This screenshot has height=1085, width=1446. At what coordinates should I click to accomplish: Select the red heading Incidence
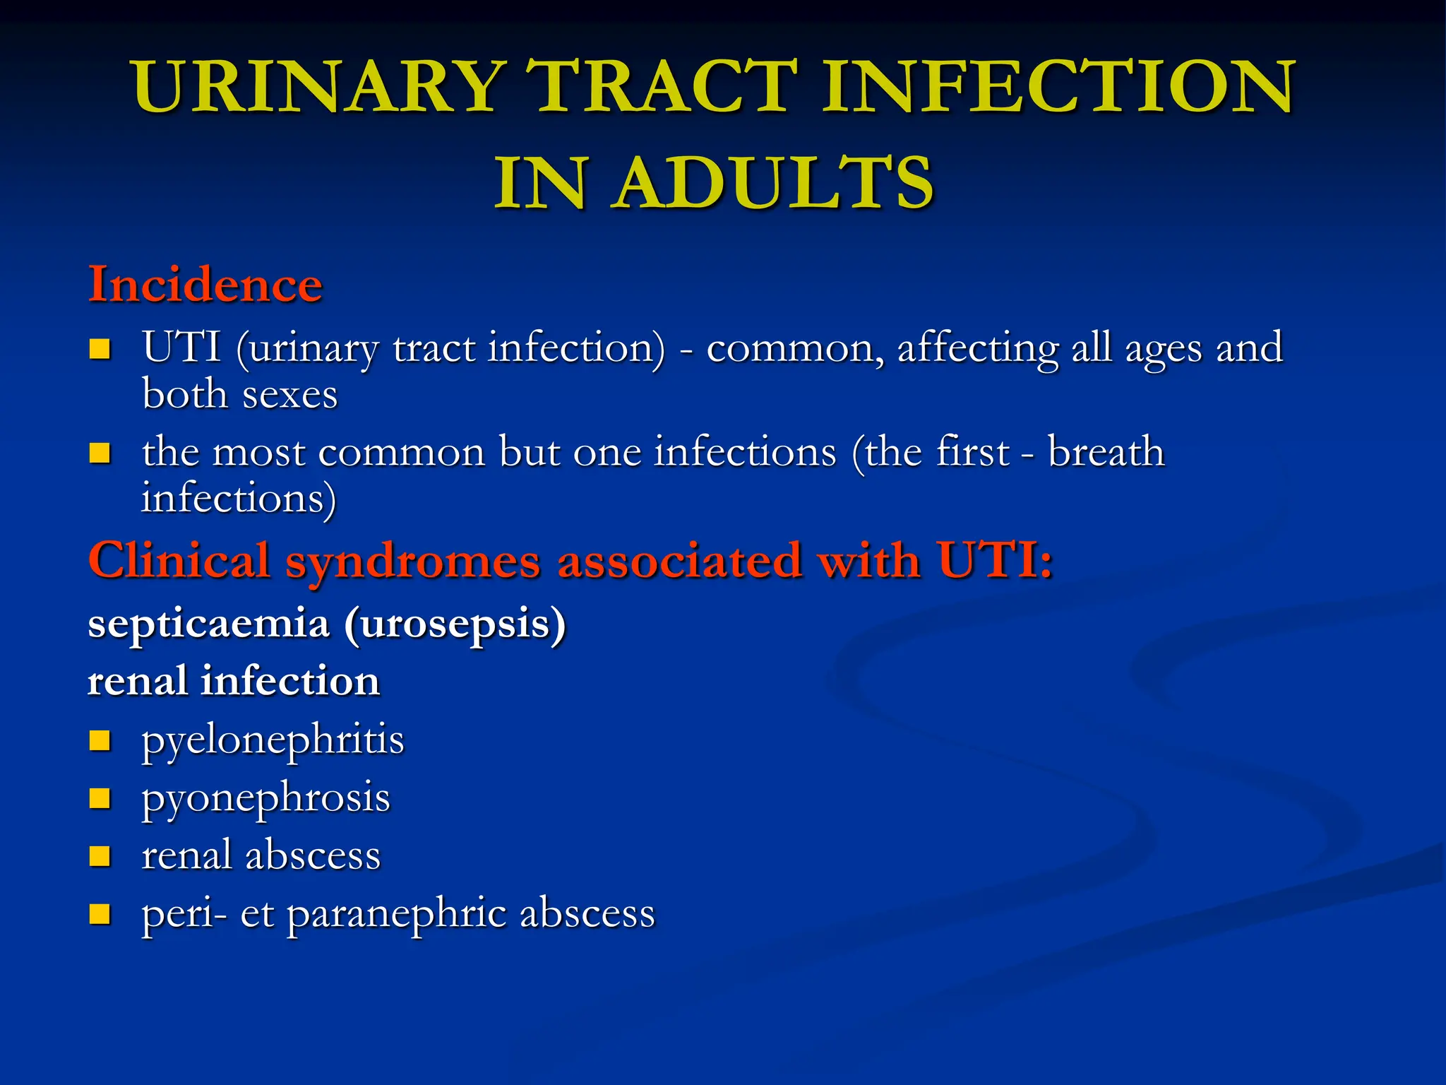point(205,285)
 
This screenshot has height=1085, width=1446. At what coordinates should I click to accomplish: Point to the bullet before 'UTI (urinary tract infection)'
point(100,349)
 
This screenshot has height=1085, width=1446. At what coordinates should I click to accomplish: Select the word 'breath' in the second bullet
point(1106,452)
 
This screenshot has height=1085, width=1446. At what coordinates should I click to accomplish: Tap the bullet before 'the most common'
point(100,453)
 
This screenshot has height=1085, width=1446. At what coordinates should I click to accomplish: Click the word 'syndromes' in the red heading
point(413,562)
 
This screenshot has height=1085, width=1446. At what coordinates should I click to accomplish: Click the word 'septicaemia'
point(209,624)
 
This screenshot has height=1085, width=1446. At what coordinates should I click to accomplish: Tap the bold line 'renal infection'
point(234,682)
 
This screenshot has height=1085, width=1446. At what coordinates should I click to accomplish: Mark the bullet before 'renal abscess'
point(100,856)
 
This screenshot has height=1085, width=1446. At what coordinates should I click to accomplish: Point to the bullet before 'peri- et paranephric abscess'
point(100,914)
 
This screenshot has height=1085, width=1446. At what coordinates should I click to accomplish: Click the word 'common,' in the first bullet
point(795,349)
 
